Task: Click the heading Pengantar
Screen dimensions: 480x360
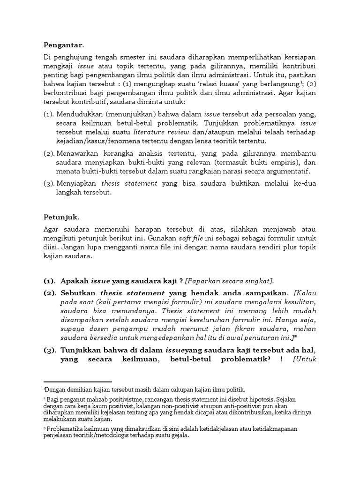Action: (x=63, y=45)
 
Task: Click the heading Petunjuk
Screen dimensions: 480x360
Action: (x=61, y=217)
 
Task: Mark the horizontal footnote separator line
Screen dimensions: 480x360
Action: (x=77, y=382)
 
